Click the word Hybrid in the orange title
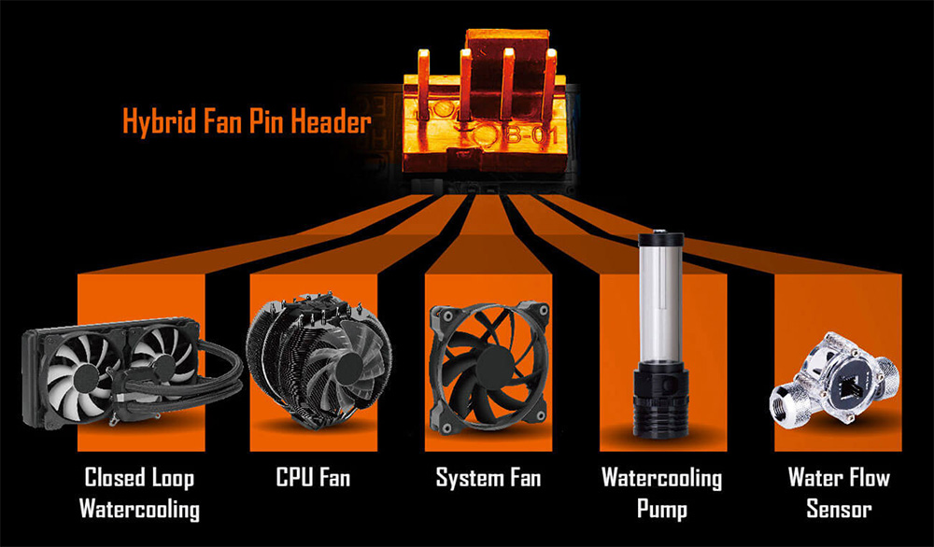pos(159,122)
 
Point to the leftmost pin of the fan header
pos(423,83)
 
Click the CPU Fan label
pos(313,477)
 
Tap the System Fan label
pos(488,478)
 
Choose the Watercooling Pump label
pos(662,494)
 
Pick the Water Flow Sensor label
pos(839,494)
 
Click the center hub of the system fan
pos(494,366)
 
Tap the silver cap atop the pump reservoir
pos(660,237)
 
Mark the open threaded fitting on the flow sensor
pos(785,405)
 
